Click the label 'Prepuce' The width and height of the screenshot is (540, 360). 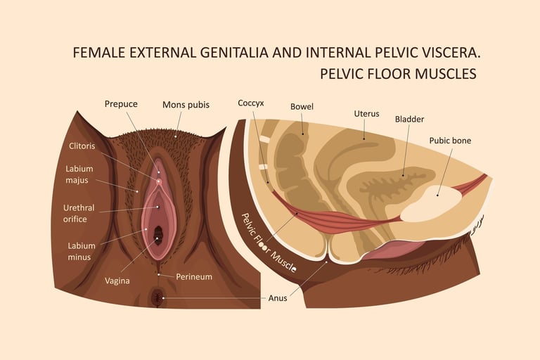tap(121, 104)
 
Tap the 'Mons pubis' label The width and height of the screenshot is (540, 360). tap(186, 105)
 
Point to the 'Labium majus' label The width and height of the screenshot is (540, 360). tap(79, 174)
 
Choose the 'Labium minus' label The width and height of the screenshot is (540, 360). tap(82, 251)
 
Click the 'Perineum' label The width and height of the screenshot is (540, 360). tap(193, 276)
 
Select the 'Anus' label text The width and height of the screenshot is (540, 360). tap(278, 297)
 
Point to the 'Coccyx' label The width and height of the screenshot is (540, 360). tap(251, 103)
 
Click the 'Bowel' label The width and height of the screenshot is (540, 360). tap(302, 107)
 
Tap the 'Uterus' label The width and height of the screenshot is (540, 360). tap(366, 112)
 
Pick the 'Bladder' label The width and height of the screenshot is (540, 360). tap(409, 119)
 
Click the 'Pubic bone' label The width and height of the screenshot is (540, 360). tap(450, 140)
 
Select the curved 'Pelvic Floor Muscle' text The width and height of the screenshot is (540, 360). tap(268, 243)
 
